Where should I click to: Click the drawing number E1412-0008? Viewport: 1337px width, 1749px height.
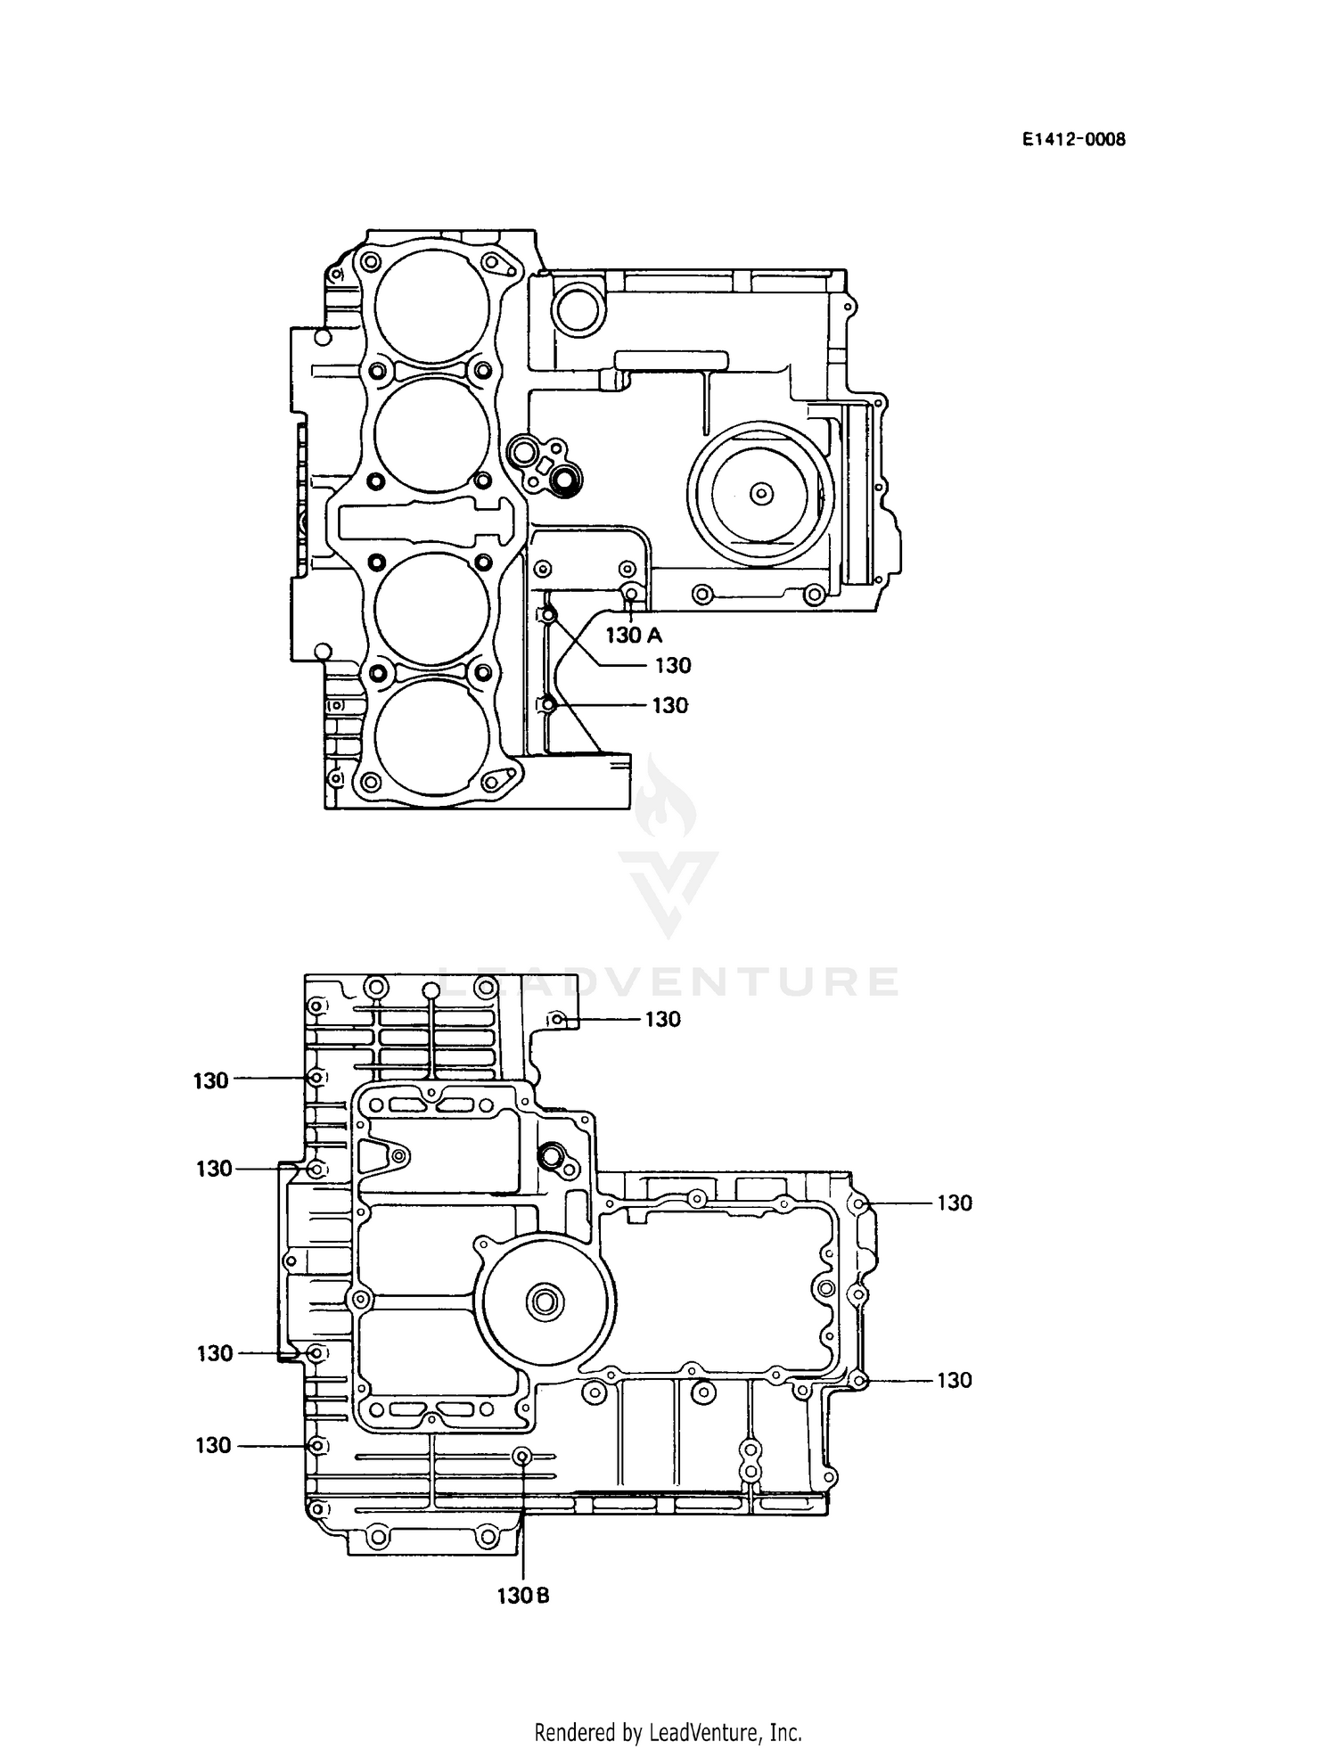click(x=1073, y=139)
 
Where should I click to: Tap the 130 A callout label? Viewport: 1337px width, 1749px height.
click(x=634, y=636)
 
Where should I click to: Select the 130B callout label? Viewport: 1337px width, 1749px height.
click(x=523, y=1596)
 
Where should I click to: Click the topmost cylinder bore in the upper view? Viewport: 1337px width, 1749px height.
click(x=432, y=306)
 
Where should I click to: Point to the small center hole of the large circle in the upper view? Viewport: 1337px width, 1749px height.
click(x=760, y=493)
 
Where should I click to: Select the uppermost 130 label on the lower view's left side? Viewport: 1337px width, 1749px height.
click(x=211, y=1080)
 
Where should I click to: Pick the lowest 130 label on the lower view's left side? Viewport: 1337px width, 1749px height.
click(x=213, y=1445)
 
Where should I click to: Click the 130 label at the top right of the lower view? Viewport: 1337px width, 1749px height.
click(x=662, y=1019)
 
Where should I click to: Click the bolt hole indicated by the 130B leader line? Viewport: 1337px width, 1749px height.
click(x=523, y=1456)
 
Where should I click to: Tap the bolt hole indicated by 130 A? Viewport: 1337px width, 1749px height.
click(x=631, y=594)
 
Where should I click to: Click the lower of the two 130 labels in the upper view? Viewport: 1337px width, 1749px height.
click(x=669, y=706)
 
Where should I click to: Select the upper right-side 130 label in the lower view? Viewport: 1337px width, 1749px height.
click(x=954, y=1203)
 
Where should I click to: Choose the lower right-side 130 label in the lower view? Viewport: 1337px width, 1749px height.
click(x=954, y=1380)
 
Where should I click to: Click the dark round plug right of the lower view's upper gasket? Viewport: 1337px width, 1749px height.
click(x=551, y=1155)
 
